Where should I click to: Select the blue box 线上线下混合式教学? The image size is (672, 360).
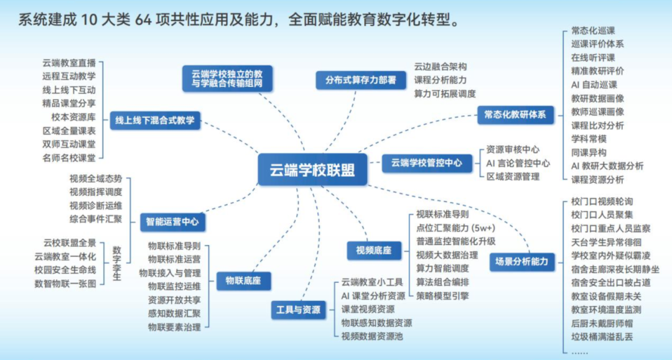click(x=154, y=121)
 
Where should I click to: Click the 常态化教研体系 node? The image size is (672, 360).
click(x=514, y=114)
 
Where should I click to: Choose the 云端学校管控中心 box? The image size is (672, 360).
click(x=426, y=163)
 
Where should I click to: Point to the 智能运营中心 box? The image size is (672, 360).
click(x=172, y=221)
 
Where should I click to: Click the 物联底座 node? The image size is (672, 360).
click(x=239, y=280)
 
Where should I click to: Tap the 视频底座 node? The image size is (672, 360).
click(x=373, y=251)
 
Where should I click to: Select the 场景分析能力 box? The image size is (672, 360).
click(x=521, y=262)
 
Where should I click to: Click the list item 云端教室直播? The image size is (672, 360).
click(x=69, y=63)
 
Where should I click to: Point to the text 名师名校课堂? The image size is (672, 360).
click(x=69, y=158)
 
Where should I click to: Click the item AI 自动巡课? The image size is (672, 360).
click(x=594, y=85)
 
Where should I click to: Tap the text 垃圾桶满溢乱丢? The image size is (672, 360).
click(x=602, y=336)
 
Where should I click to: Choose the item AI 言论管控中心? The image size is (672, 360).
click(x=518, y=163)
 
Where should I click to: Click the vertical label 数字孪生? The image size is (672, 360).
click(x=116, y=263)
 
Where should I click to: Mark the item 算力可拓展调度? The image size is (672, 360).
click(x=444, y=93)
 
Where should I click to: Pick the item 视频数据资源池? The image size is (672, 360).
click(x=371, y=336)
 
